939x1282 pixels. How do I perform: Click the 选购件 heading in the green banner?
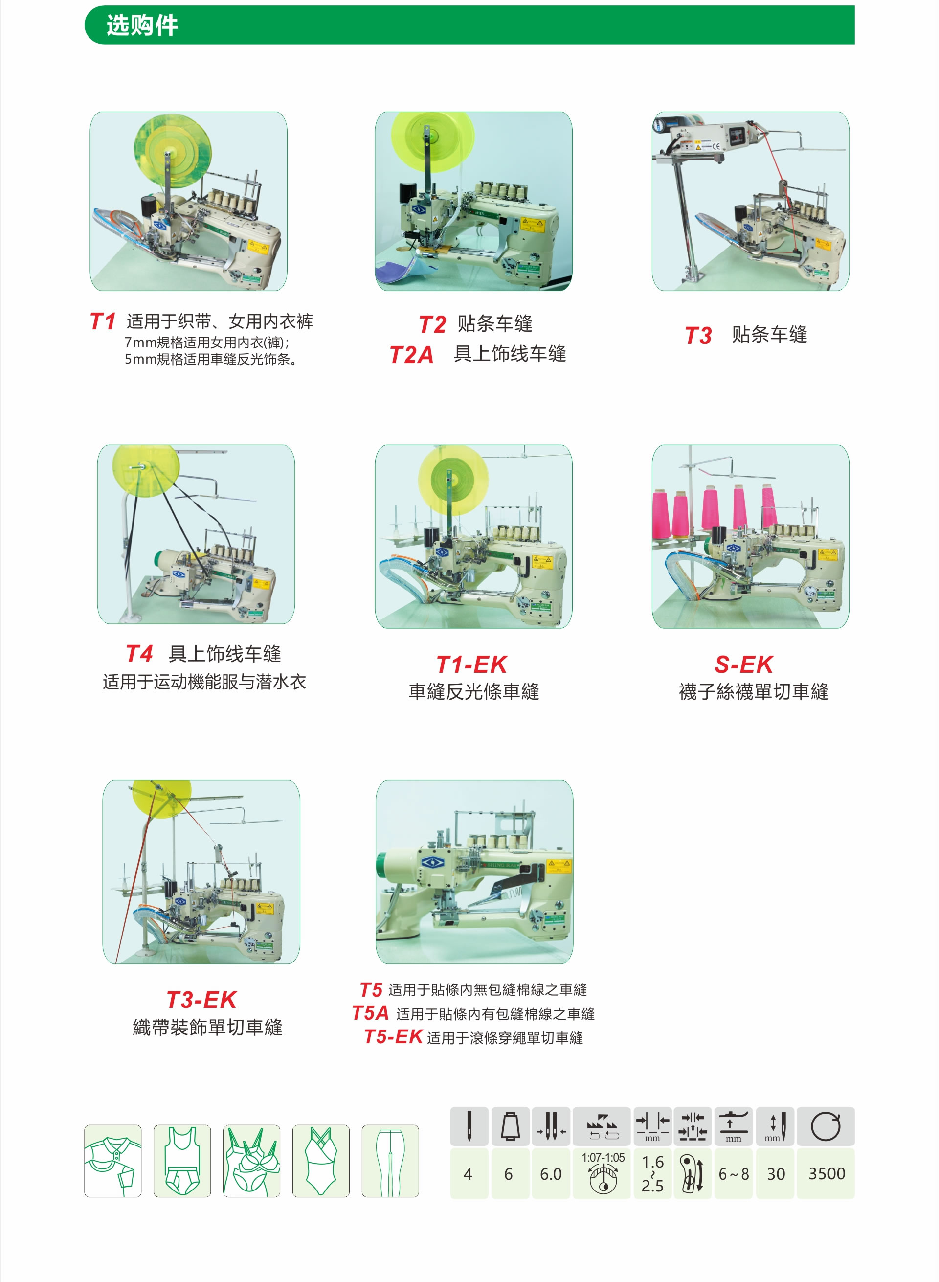142,25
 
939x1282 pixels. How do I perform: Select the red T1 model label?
103,321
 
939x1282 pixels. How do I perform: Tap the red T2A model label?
411,355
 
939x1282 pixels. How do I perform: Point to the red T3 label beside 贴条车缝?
698,336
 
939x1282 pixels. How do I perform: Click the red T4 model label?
139,654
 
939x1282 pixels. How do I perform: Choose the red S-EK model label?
743,664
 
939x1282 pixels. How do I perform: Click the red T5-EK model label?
393,1037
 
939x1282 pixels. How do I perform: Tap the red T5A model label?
370,1013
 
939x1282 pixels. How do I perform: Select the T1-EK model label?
472,664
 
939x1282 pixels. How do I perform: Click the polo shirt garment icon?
112,1161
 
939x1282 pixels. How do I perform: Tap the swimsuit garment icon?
320,1161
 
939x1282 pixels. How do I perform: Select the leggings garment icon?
390,1161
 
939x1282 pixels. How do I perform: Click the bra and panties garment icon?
251,1161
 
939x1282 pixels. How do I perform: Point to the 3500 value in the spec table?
827,1174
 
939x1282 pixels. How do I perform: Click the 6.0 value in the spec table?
550,1174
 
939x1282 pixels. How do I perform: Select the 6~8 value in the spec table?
734,1174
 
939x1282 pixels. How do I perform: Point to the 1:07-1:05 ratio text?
603,1157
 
